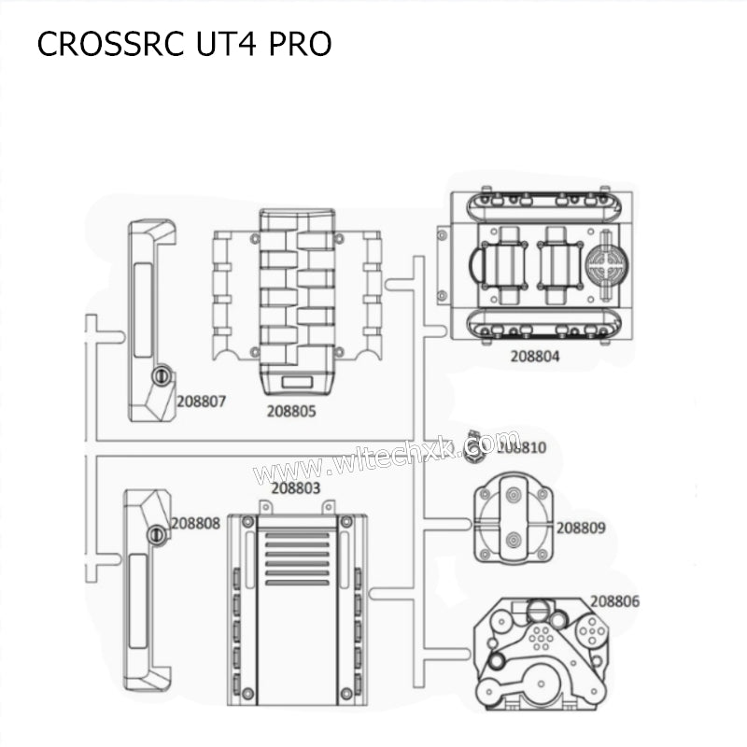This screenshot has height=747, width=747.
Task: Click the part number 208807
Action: pos(202,402)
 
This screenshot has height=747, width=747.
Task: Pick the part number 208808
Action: pos(195,524)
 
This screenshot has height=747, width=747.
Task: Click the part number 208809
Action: pos(581,529)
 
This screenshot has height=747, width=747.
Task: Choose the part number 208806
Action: pos(614,602)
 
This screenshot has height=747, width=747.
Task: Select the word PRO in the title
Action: pos(301,46)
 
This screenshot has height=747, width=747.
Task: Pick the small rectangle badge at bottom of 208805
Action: pos(294,382)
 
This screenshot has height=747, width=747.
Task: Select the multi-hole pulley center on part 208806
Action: pos(541,638)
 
